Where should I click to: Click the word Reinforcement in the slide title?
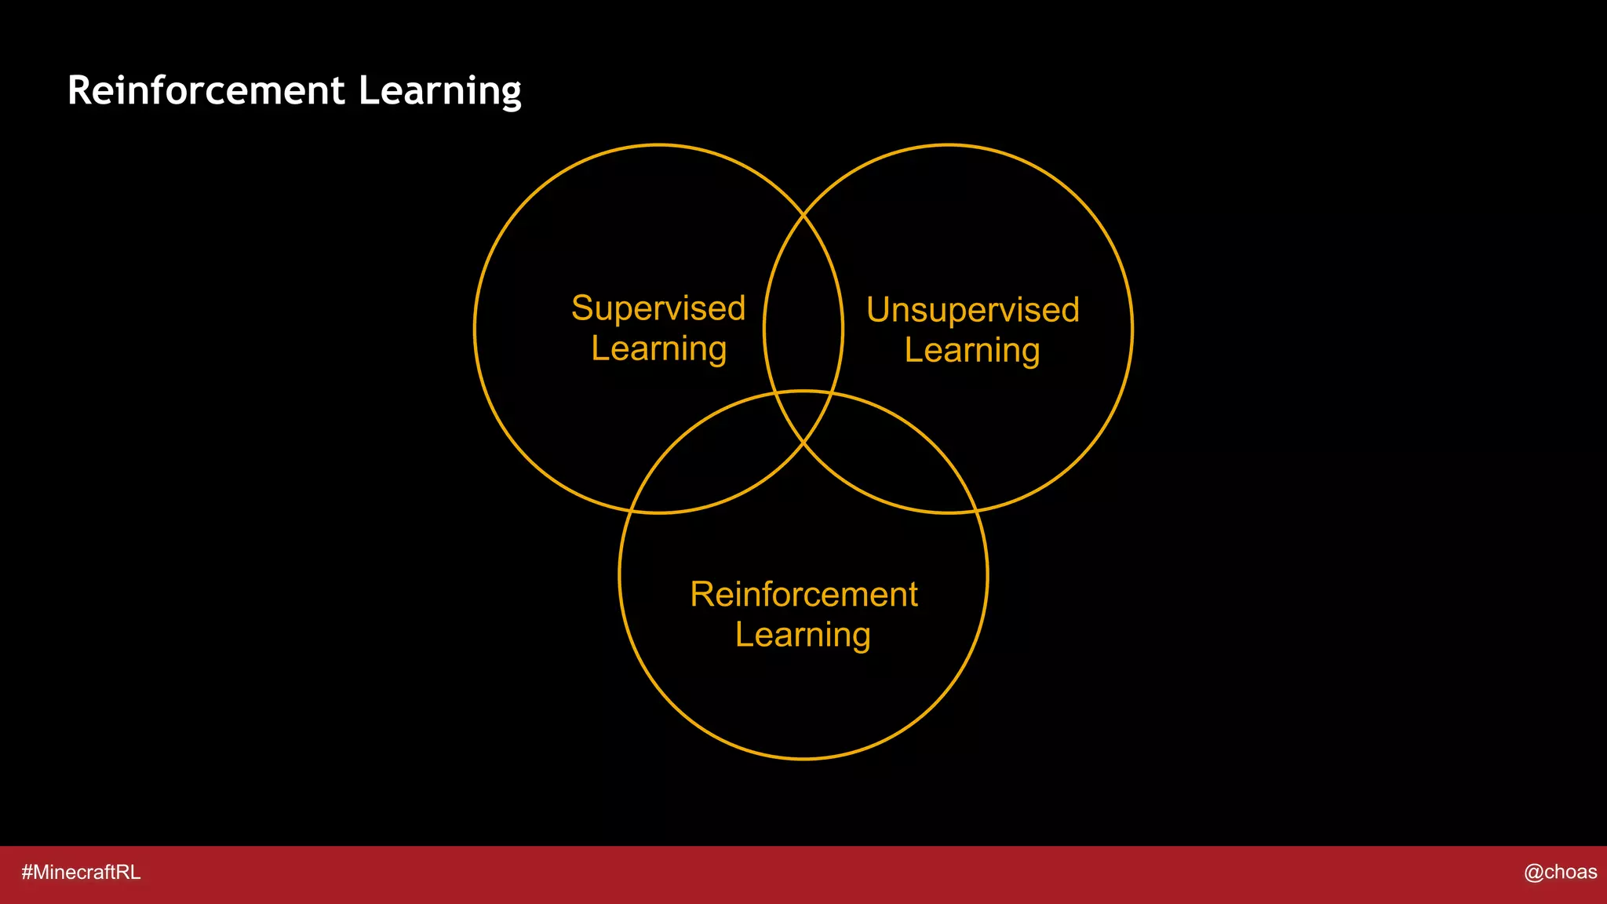[206, 90]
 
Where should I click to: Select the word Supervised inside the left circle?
[658, 308]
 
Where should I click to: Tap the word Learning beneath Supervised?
[658, 349]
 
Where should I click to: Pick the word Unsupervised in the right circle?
[973, 310]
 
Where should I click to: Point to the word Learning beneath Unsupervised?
[972, 351]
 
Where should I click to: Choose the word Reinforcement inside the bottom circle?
[803, 595]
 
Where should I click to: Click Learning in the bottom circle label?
[803, 635]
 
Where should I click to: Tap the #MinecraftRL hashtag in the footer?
[81, 873]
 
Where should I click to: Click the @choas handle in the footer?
[1560, 872]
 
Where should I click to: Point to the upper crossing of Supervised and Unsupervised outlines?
[803, 214]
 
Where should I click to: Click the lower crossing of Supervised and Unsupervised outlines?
[803, 444]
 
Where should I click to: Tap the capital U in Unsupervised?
[879, 310]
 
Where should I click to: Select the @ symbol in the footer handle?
[1533, 873]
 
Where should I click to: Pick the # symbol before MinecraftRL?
[27, 873]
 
